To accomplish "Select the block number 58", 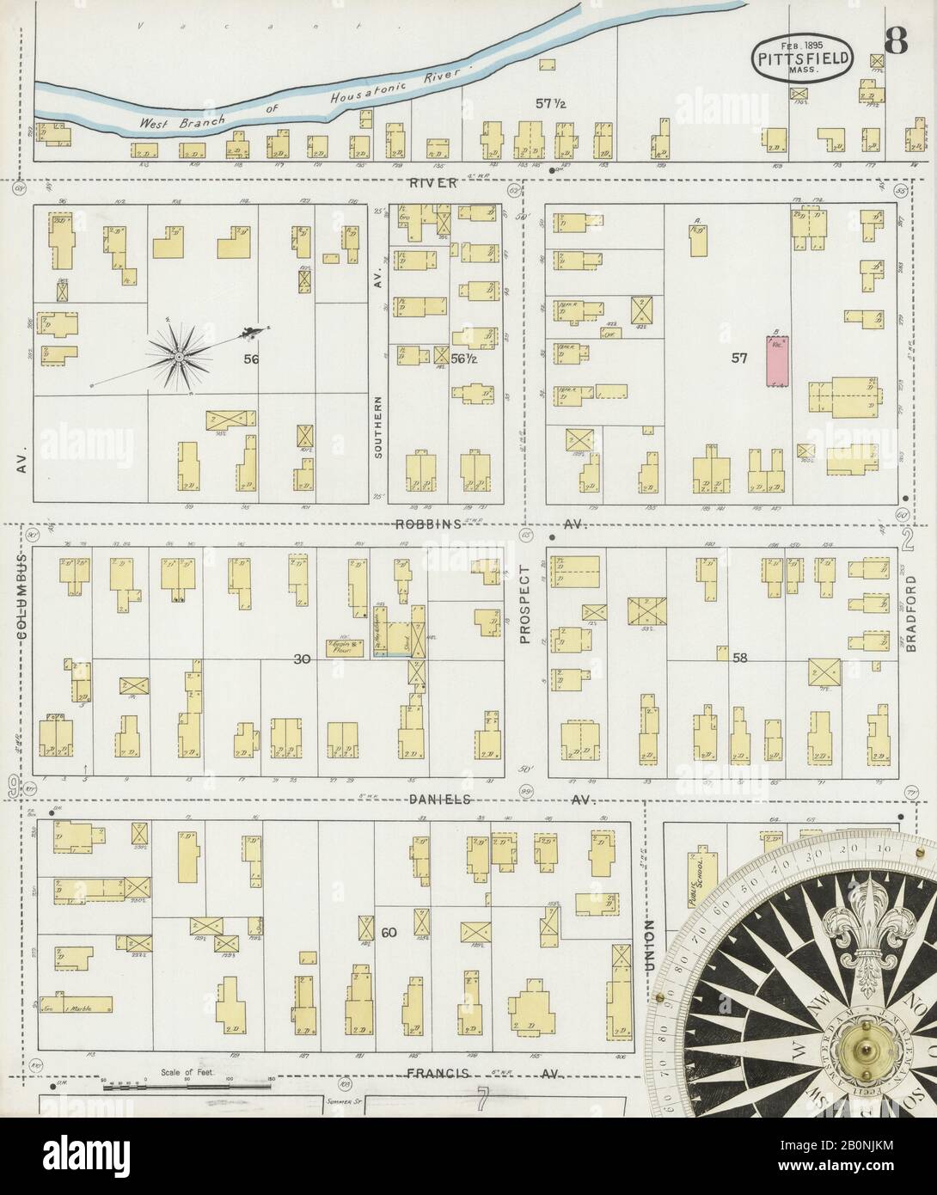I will click(x=739, y=658).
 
